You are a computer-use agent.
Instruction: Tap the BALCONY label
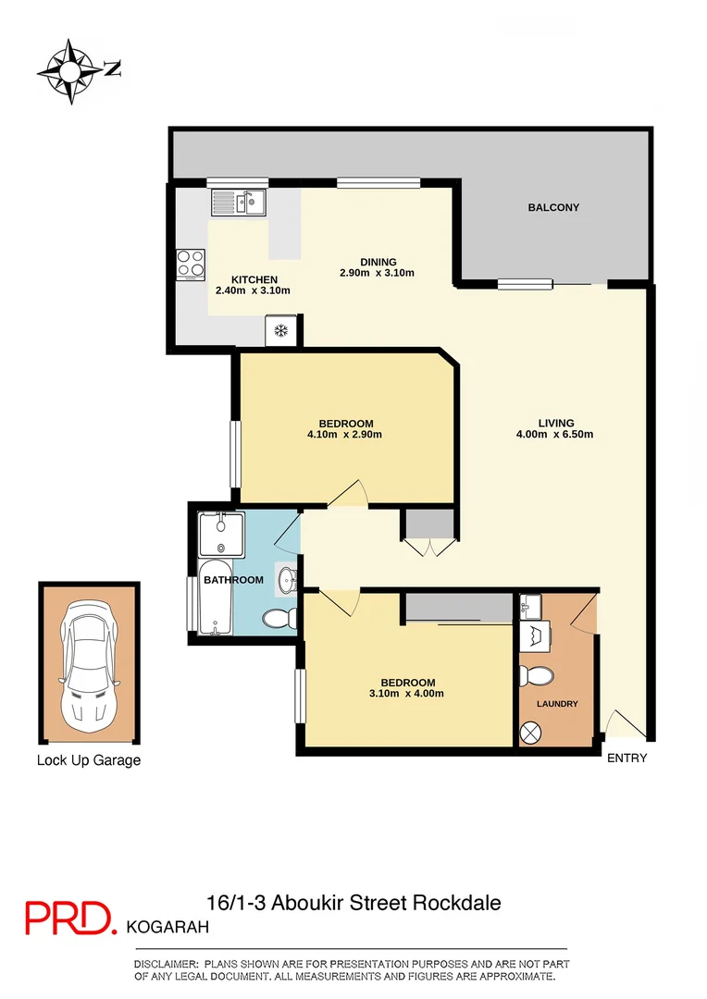pos(553,207)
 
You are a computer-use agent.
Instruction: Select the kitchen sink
pos(238,201)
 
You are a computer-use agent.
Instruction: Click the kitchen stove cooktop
pos(191,264)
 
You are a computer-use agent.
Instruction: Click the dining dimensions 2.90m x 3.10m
pos(377,273)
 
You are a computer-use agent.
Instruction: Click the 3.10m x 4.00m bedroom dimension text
pos(399,694)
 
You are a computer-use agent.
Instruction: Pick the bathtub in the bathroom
pos(216,598)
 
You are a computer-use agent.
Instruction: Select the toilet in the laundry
pos(534,676)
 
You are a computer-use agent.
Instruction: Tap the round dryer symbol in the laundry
pos(534,732)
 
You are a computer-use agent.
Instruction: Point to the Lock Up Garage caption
pos(89,760)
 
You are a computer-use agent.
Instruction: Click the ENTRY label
pos(626,758)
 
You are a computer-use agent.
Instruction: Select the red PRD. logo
pos(70,918)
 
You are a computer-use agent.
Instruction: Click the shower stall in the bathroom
pos(221,534)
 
